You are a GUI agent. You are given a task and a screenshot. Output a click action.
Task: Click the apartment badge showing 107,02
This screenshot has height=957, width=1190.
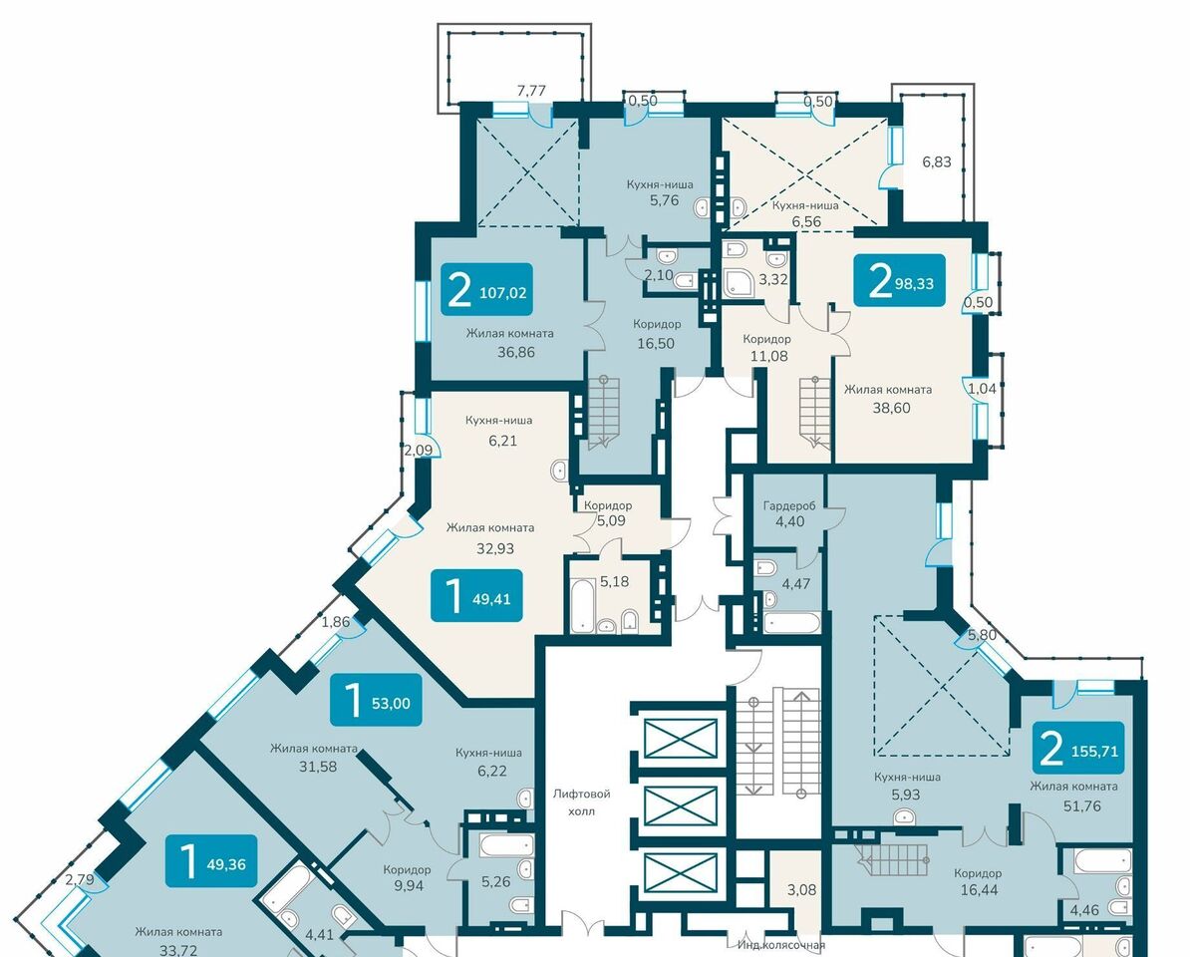[486, 289]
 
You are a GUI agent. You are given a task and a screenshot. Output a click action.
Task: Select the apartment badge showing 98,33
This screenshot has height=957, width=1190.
[899, 280]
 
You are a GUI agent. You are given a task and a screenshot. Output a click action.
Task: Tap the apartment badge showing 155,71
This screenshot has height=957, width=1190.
[1078, 749]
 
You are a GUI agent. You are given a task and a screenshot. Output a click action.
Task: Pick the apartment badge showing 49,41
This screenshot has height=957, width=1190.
[476, 596]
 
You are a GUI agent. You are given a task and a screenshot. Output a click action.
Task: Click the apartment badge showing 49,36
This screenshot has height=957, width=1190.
[211, 861]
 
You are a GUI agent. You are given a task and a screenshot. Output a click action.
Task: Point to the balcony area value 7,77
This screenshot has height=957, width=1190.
[531, 91]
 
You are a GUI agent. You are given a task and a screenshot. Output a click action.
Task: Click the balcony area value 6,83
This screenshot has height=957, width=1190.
[937, 161]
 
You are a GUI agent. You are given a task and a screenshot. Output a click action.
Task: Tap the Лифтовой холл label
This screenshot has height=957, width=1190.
[582, 802]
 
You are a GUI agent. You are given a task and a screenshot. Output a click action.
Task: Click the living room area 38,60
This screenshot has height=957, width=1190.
[891, 408]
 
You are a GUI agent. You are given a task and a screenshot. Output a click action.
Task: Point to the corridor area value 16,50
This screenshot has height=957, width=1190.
[656, 343]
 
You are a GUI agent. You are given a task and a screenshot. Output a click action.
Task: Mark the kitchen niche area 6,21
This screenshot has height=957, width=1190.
[502, 440]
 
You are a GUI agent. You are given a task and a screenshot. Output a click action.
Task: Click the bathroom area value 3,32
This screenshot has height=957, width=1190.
[773, 279]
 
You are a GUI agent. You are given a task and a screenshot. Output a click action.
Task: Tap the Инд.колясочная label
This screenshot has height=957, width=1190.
[781, 945]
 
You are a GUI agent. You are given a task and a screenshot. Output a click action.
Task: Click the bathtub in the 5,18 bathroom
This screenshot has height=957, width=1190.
[583, 605]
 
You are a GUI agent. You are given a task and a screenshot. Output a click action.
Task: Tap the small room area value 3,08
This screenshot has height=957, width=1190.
[801, 889]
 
